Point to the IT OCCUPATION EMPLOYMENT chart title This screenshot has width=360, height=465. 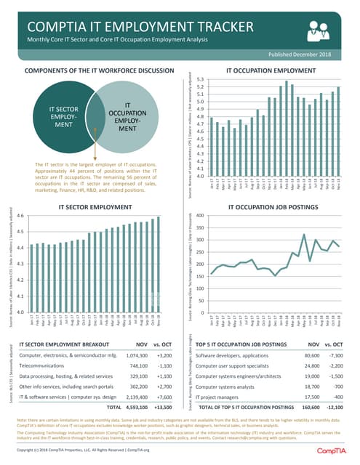click(270, 71)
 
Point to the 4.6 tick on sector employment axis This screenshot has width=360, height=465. click(19, 216)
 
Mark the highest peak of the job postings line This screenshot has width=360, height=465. click(303, 235)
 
